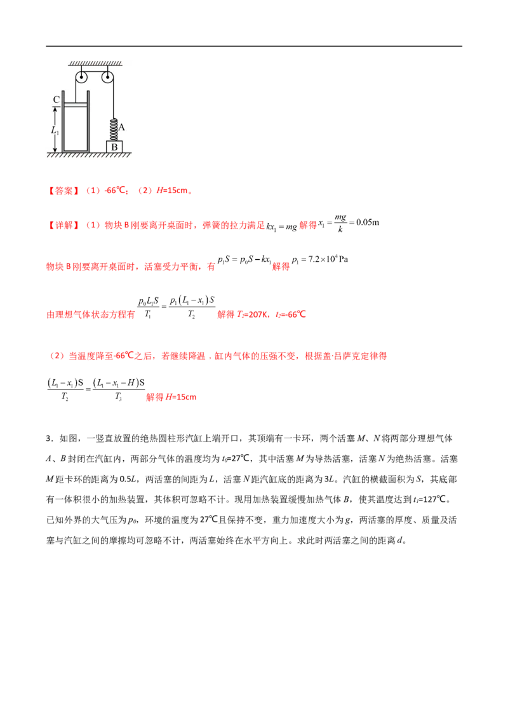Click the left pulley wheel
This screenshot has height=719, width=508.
click(x=81, y=78)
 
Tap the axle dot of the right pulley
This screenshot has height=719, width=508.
click(x=108, y=78)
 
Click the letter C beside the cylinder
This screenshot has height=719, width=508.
click(x=57, y=99)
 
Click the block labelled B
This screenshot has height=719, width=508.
click(x=114, y=147)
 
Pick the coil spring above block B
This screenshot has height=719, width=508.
click(x=114, y=129)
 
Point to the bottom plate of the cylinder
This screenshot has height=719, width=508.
click(x=76, y=151)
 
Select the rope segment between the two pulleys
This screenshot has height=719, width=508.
click(x=95, y=71)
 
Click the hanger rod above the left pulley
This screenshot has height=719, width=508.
click(x=81, y=69)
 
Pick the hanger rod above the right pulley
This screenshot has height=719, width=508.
click(x=108, y=69)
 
